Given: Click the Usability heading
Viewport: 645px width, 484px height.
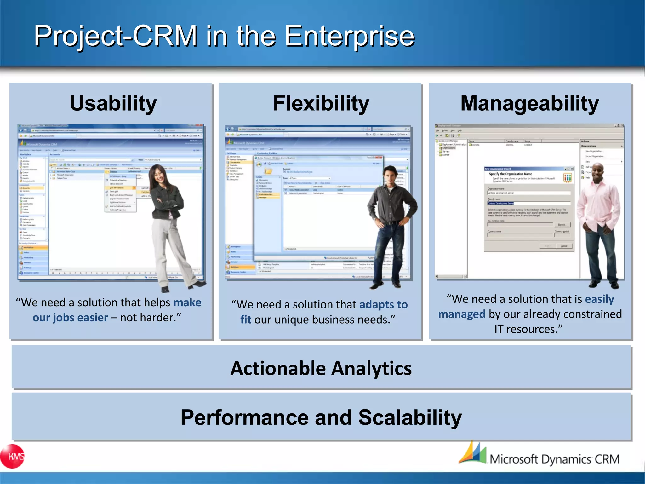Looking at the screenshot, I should (113, 103).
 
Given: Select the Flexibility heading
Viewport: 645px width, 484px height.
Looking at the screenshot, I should (321, 103).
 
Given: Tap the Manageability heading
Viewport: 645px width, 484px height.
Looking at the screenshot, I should (529, 103).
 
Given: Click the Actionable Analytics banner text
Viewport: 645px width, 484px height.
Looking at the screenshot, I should (321, 368).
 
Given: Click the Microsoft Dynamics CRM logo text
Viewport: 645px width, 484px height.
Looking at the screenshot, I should (554, 459).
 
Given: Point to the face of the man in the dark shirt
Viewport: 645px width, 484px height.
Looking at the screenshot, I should (391, 175).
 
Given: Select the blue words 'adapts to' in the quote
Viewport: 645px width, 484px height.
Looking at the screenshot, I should (383, 305).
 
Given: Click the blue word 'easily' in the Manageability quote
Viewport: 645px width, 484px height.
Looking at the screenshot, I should (599, 299).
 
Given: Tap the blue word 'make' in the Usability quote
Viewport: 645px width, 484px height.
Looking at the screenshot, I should (187, 302).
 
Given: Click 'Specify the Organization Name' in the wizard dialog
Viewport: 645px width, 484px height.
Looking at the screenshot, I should (510, 174).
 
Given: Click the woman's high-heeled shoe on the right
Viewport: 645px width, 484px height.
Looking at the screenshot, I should (198, 285).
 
